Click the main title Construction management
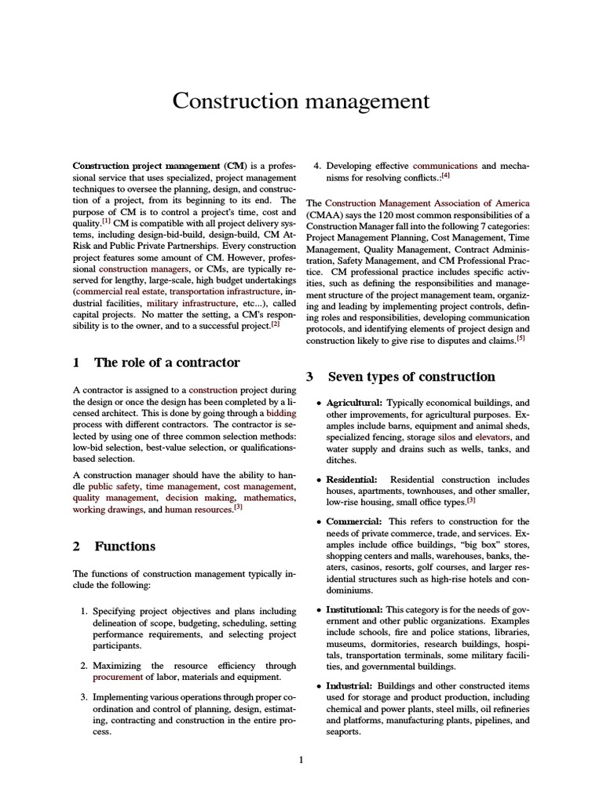tap(301, 101)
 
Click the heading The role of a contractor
tap(166, 362)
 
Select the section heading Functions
tap(125, 546)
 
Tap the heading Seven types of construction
tap(411, 376)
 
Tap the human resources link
tap(199, 510)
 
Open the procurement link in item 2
tap(116, 676)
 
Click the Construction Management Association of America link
tap(427, 203)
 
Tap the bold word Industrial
tap(349, 685)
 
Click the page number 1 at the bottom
tap(301, 759)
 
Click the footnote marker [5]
tap(520, 338)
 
